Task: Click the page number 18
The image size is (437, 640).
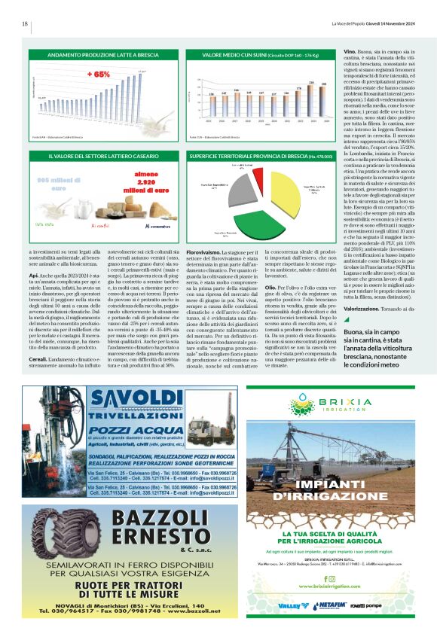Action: click(25, 23)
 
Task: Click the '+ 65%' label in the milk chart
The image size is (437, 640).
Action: click(97, 75)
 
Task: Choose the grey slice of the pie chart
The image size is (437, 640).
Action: click(224, 192)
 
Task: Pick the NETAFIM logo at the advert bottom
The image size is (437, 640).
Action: click(323, 604)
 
